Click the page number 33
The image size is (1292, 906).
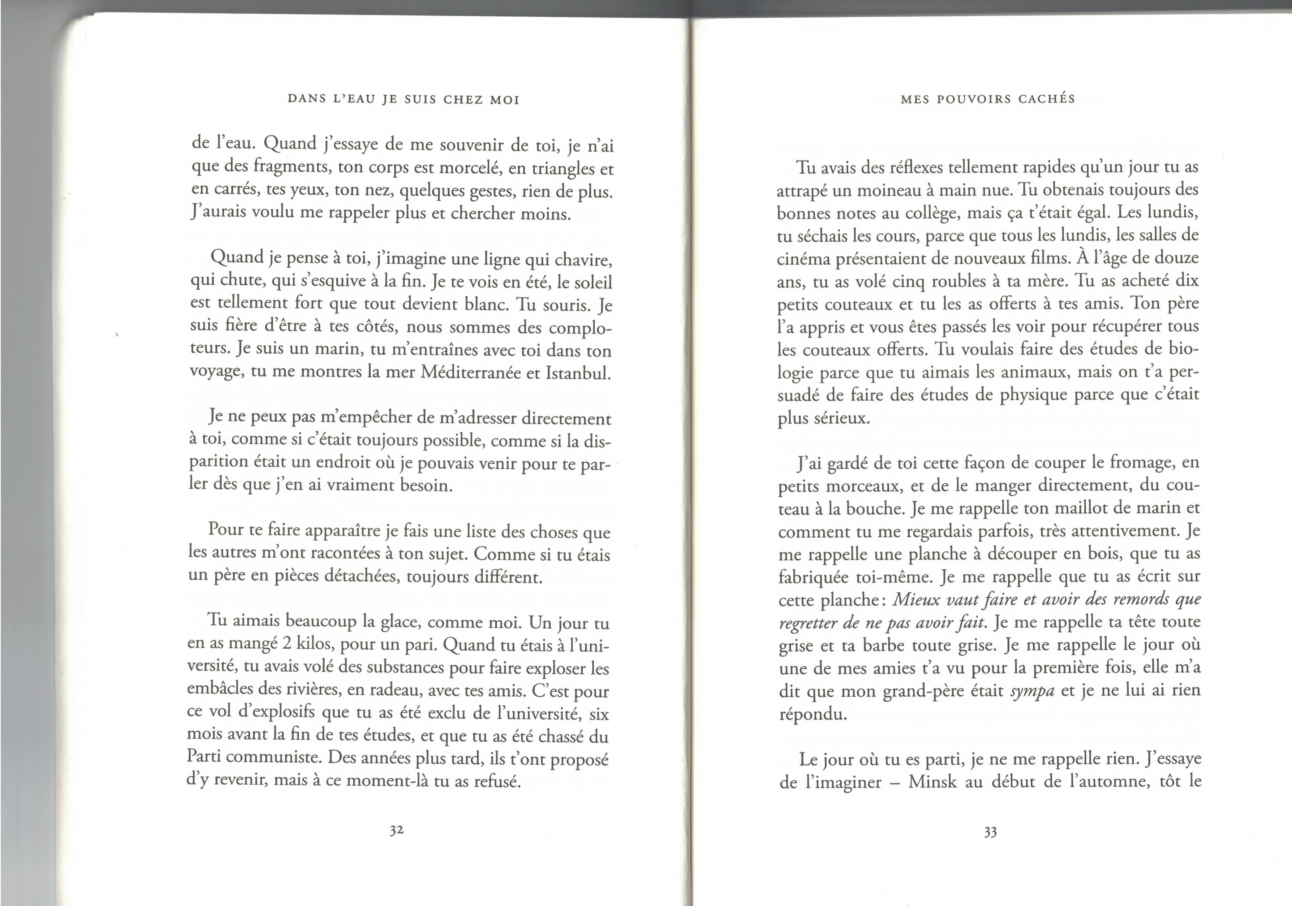click(x=990, y=832)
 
